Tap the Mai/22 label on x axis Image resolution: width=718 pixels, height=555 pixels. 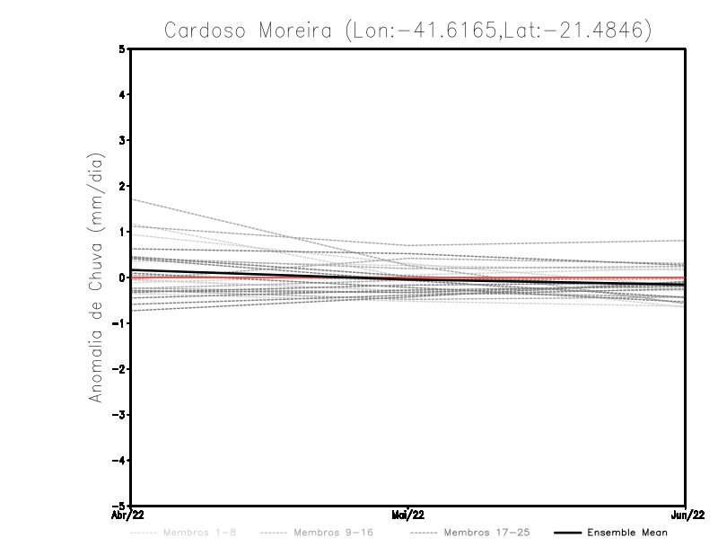click(x=407, y=515)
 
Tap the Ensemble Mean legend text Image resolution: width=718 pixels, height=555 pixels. click(x=627, y=533)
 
